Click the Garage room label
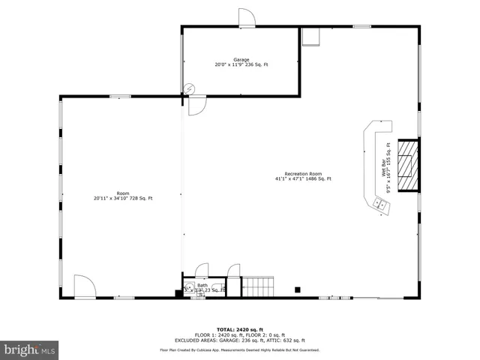coord(241,60)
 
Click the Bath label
coord(202,285)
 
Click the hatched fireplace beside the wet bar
coord(407,166)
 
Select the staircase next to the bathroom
coord(258,286)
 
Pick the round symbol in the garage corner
coord(190,88)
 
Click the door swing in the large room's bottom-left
coord(83,286)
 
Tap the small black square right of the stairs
coord(298,289)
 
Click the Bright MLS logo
coord(30,349)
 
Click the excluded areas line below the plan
coord(240,340)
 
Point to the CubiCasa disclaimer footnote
coord(240,349)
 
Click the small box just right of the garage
coord(310,37)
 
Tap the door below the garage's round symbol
coord(197,106)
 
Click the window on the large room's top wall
coord(120,96)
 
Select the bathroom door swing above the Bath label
coord(201,270)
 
